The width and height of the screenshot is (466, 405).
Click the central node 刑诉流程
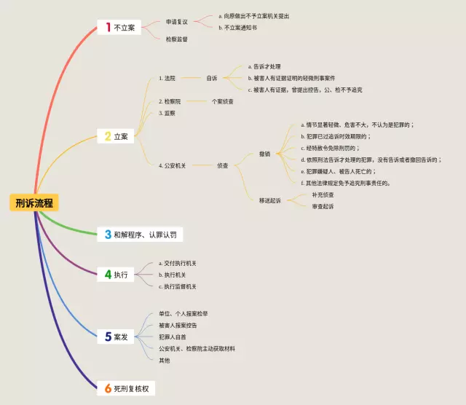(x=34, y=203)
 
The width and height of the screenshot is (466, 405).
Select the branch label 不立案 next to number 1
(x=125, y=28)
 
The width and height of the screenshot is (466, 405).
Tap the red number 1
(x=108, y=28)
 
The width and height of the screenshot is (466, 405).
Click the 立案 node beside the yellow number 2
(x=121, y=136)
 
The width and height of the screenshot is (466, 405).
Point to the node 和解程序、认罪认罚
(x=144, y=235)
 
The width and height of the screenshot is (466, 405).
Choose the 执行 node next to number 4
(x=121, y=275)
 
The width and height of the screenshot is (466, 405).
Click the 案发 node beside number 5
(x=121, y=337)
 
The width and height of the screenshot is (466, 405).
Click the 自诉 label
(x=212, y=77)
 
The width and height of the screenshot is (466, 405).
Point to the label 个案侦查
(x=223, y=101)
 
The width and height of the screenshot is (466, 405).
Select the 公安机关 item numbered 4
(x=173, y=165)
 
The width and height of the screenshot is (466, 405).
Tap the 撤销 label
(x=264, y=154)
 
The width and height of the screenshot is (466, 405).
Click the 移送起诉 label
(x=269, y=200)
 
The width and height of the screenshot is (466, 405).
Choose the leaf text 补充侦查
(x=323, y=194)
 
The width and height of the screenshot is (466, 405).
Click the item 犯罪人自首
(x=174, y=337)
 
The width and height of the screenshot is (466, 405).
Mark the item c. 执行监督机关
(x=178, y=286)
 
